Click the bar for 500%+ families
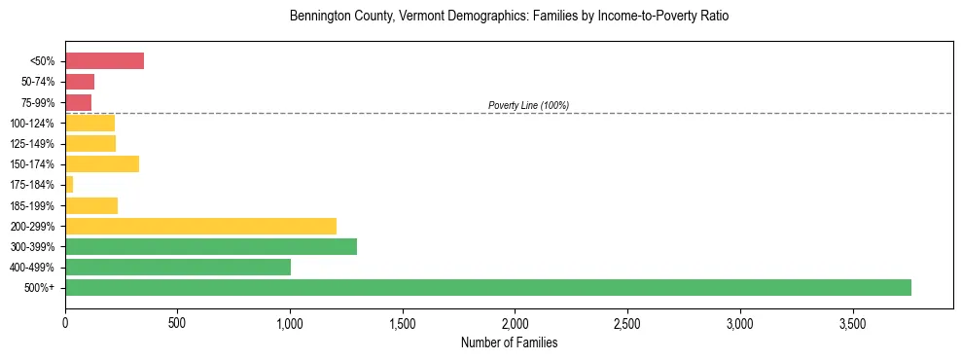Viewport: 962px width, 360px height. [x=487, y=287]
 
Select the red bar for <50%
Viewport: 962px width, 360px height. [x=104, y=61]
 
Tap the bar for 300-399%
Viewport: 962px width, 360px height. [x=211, y=246]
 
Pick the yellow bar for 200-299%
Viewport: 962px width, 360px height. [x=200, y=226]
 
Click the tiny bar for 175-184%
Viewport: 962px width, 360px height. [x=69, y=184]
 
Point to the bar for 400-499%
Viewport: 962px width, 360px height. [x=178, y=267]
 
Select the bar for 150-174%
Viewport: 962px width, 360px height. [x=102, y=163]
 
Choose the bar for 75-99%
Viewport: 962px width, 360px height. [x=78, y=102]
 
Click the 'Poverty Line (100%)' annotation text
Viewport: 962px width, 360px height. [x=528, y=105]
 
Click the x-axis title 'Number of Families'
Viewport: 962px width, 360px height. [x=509, y=342]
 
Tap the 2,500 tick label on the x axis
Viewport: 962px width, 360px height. [x=627, y=322]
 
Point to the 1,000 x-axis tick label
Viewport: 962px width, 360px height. [x=290, y=322]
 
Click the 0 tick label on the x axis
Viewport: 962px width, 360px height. [x=65, y=322]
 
